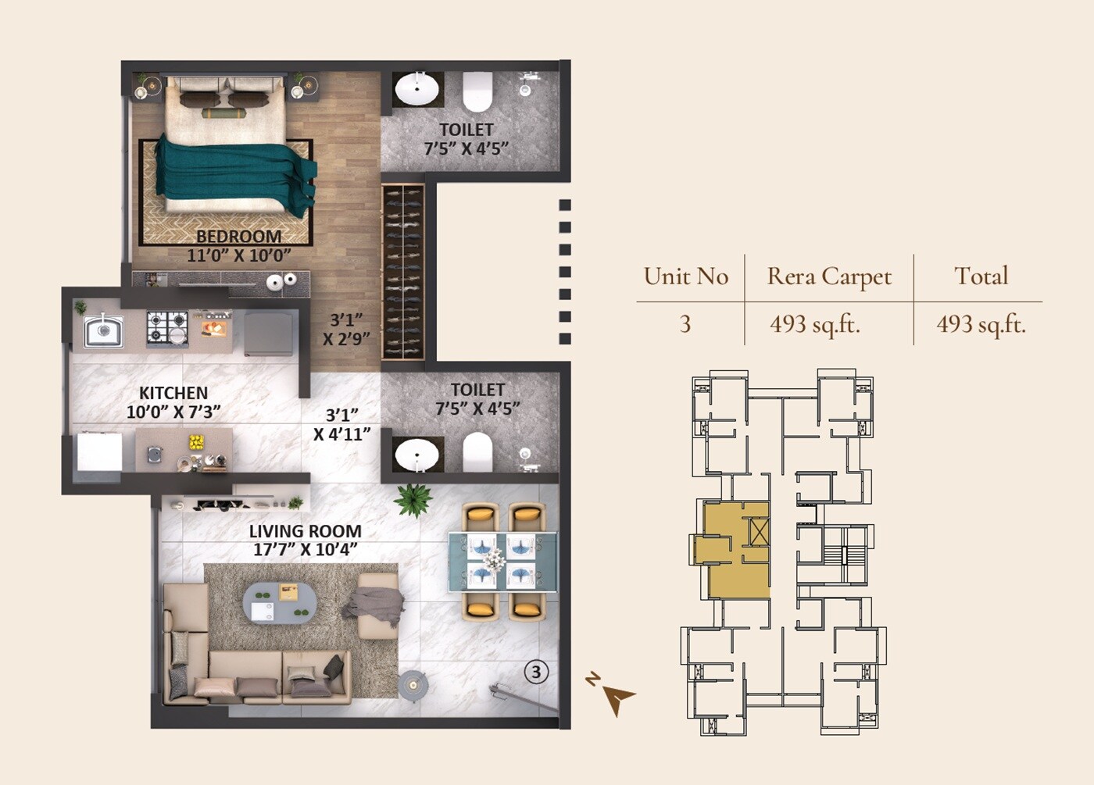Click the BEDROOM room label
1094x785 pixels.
click(238, 237)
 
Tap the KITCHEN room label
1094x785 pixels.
click(173, 393)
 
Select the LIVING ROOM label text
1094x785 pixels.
click(305, 531)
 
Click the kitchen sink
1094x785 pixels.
click(103, 330)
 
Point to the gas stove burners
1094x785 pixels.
click(167, 328)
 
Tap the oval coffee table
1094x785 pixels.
click(280, 602)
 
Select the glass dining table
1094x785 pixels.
click(502, 561)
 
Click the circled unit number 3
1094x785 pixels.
click(536, 672)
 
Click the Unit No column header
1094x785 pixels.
click(685, 277)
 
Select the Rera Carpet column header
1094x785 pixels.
click(829, 277)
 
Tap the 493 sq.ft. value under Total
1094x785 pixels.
click(981, 324)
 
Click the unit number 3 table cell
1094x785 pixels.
click(685, 324)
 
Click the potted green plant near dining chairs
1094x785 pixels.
click(413, 499)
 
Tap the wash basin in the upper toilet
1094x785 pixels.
click(417, 90)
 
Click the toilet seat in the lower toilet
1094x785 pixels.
click(477, 452)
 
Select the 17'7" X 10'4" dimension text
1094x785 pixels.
click(305, 550)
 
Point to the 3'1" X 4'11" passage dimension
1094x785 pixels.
click(342, 425)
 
